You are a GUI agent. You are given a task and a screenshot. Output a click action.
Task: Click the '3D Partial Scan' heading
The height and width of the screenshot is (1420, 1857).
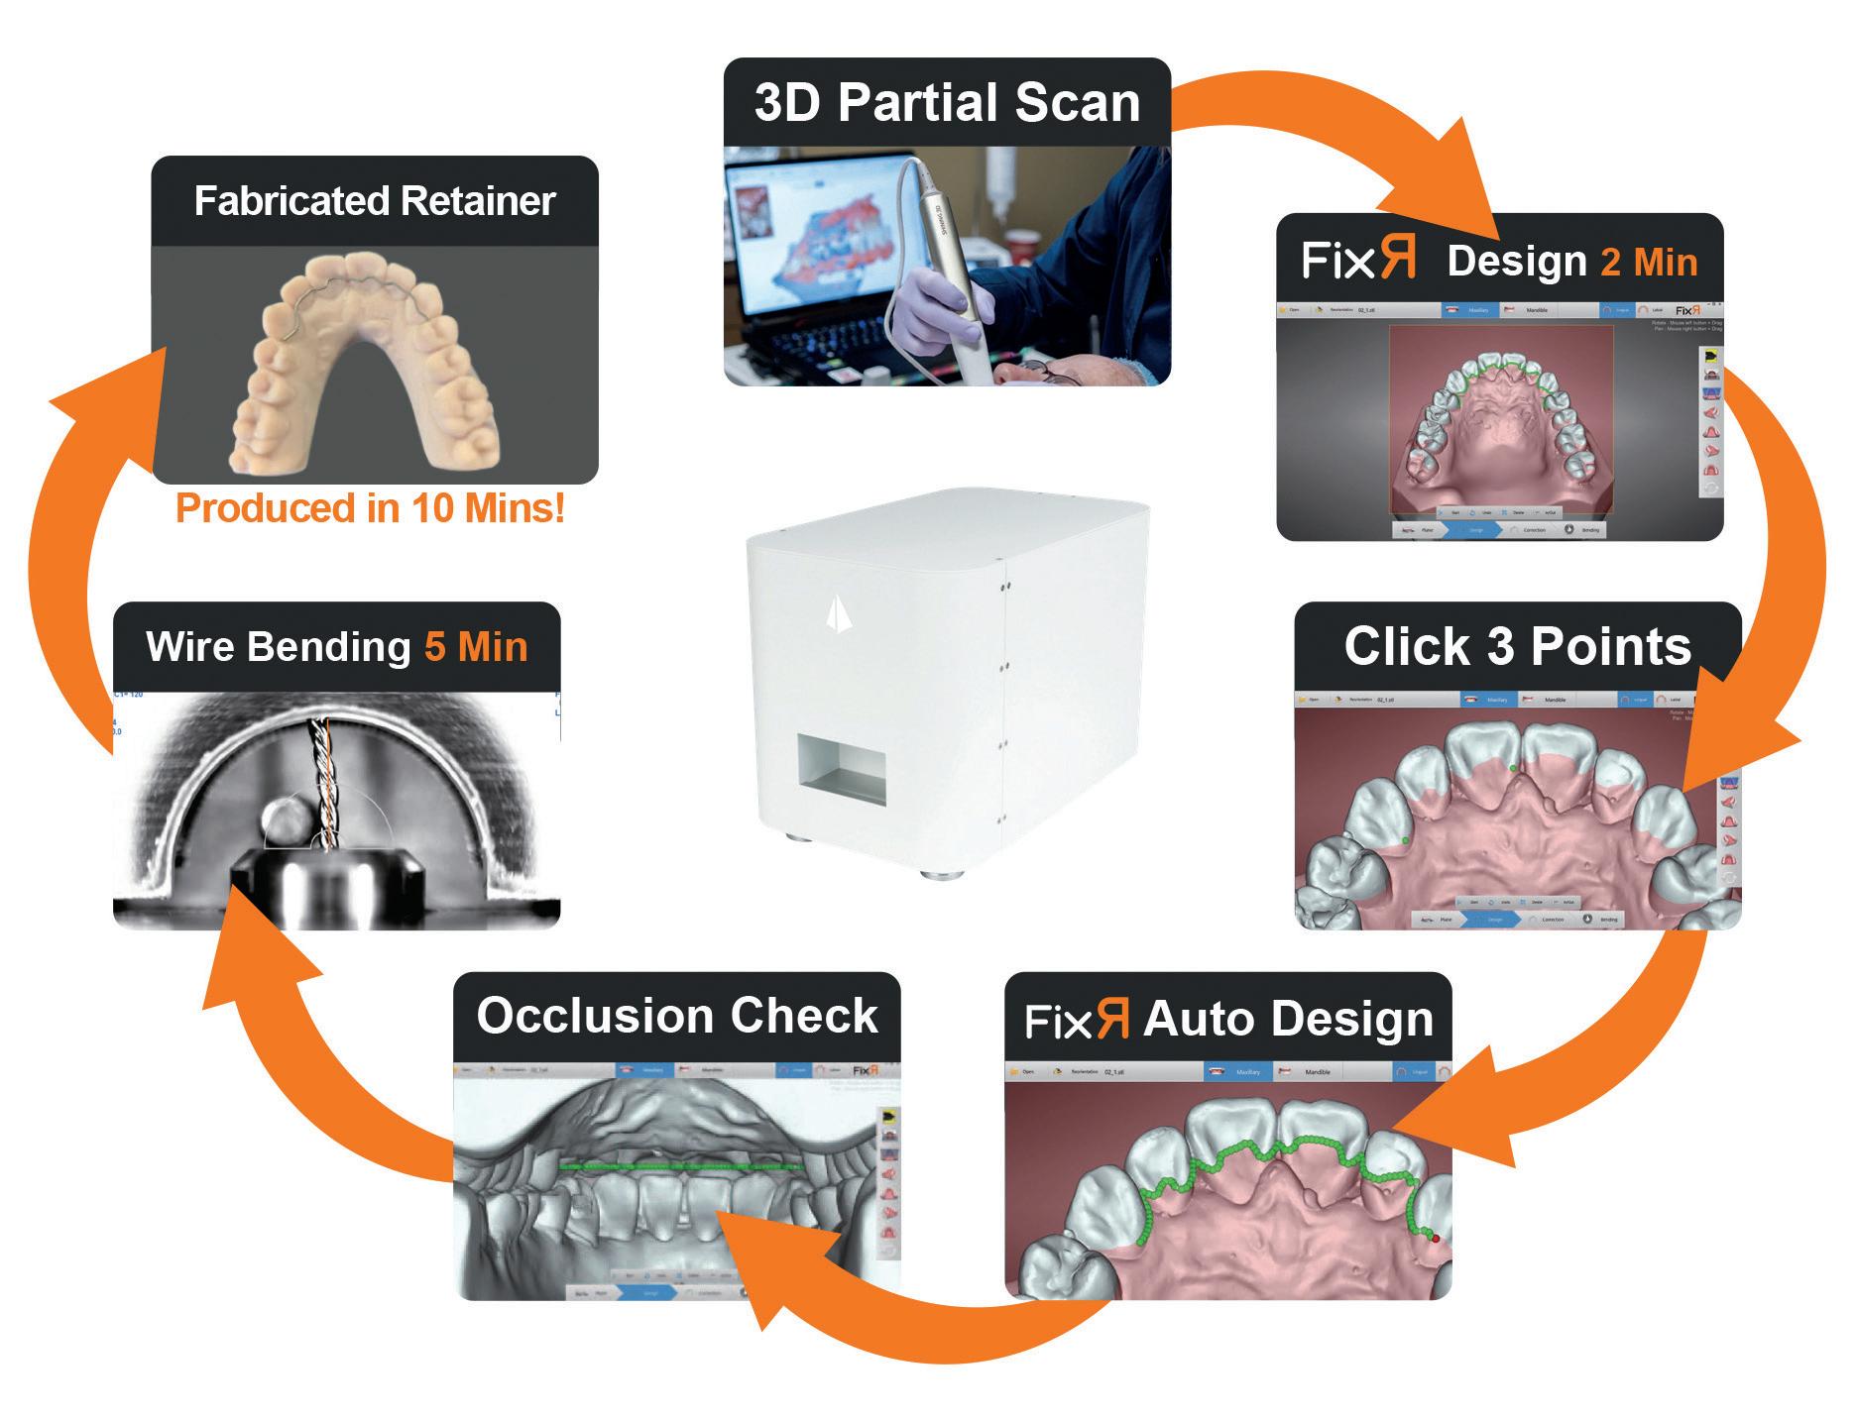click(x=947, y=103)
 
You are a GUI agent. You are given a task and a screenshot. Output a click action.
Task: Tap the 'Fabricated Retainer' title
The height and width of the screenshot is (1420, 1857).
click(x=374, y=200)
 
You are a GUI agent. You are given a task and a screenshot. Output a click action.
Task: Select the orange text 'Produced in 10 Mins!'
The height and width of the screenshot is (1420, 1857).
click(x=370, y=508)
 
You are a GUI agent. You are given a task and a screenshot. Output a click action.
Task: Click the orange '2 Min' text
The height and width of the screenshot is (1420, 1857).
click(x=1649, y=262)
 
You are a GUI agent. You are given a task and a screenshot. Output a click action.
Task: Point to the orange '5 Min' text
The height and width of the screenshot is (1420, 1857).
click(x=476, y=647)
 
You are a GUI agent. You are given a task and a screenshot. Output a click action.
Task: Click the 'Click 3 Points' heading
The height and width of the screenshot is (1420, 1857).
click(x=1517, y=646)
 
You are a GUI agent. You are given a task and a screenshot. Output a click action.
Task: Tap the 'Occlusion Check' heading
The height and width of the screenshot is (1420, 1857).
click(x=677, y=1016)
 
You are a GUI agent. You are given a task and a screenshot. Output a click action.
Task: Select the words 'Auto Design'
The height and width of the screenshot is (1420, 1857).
click(x=1288, y=1020)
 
